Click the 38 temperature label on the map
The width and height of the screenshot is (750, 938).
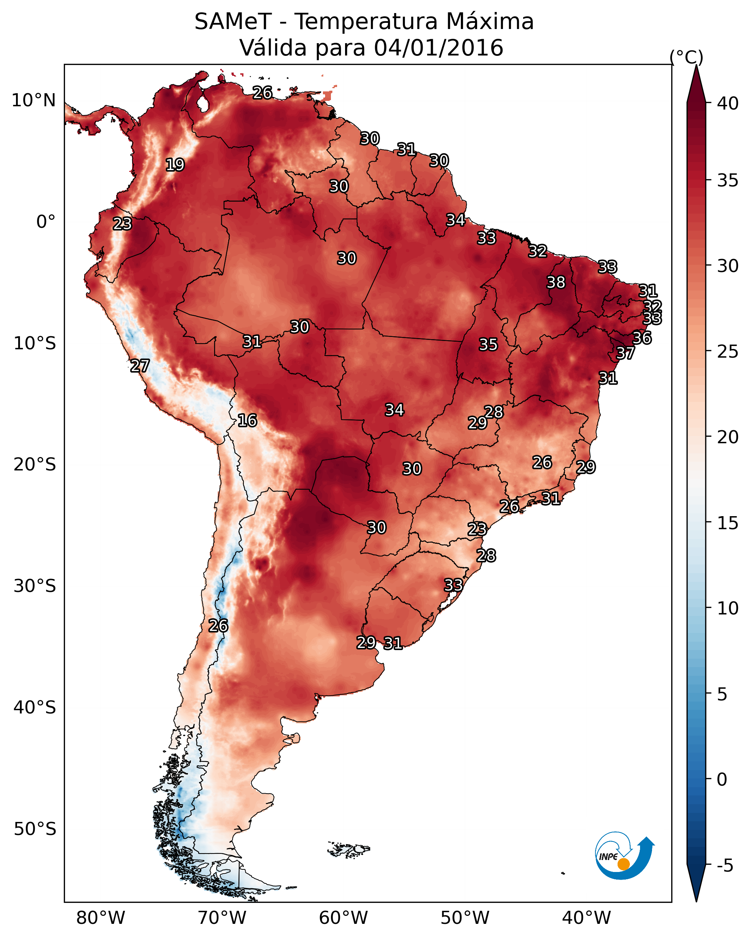[x=556, y=282]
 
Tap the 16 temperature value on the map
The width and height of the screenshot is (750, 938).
[x=247, y=420]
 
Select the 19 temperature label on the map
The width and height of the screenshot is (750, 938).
[x=175, y=165]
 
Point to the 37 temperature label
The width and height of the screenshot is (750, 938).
[x=626, y=353]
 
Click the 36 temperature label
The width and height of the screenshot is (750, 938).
[x=642, y=338]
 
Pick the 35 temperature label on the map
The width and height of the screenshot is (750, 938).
[x=488, y=345]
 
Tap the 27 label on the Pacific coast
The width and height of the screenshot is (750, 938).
[x=140, y=366]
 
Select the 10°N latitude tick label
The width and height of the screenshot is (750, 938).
[x=33, y=100]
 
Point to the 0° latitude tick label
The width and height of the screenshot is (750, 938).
[x=46, y=222]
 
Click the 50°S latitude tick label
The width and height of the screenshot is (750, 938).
[x=35, y=829]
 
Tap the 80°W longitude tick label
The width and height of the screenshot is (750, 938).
[x=101, y=918]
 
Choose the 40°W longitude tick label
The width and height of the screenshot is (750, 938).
[x=586, y=918]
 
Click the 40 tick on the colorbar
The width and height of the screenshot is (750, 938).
[x=728, y=103]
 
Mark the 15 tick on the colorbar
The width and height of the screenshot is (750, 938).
[x=728, y=523]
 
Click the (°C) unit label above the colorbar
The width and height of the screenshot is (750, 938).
[x=687, y=57]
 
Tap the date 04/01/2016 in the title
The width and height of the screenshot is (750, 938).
[x=438, y=48]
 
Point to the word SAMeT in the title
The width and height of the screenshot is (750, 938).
[x=233, y=21]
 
